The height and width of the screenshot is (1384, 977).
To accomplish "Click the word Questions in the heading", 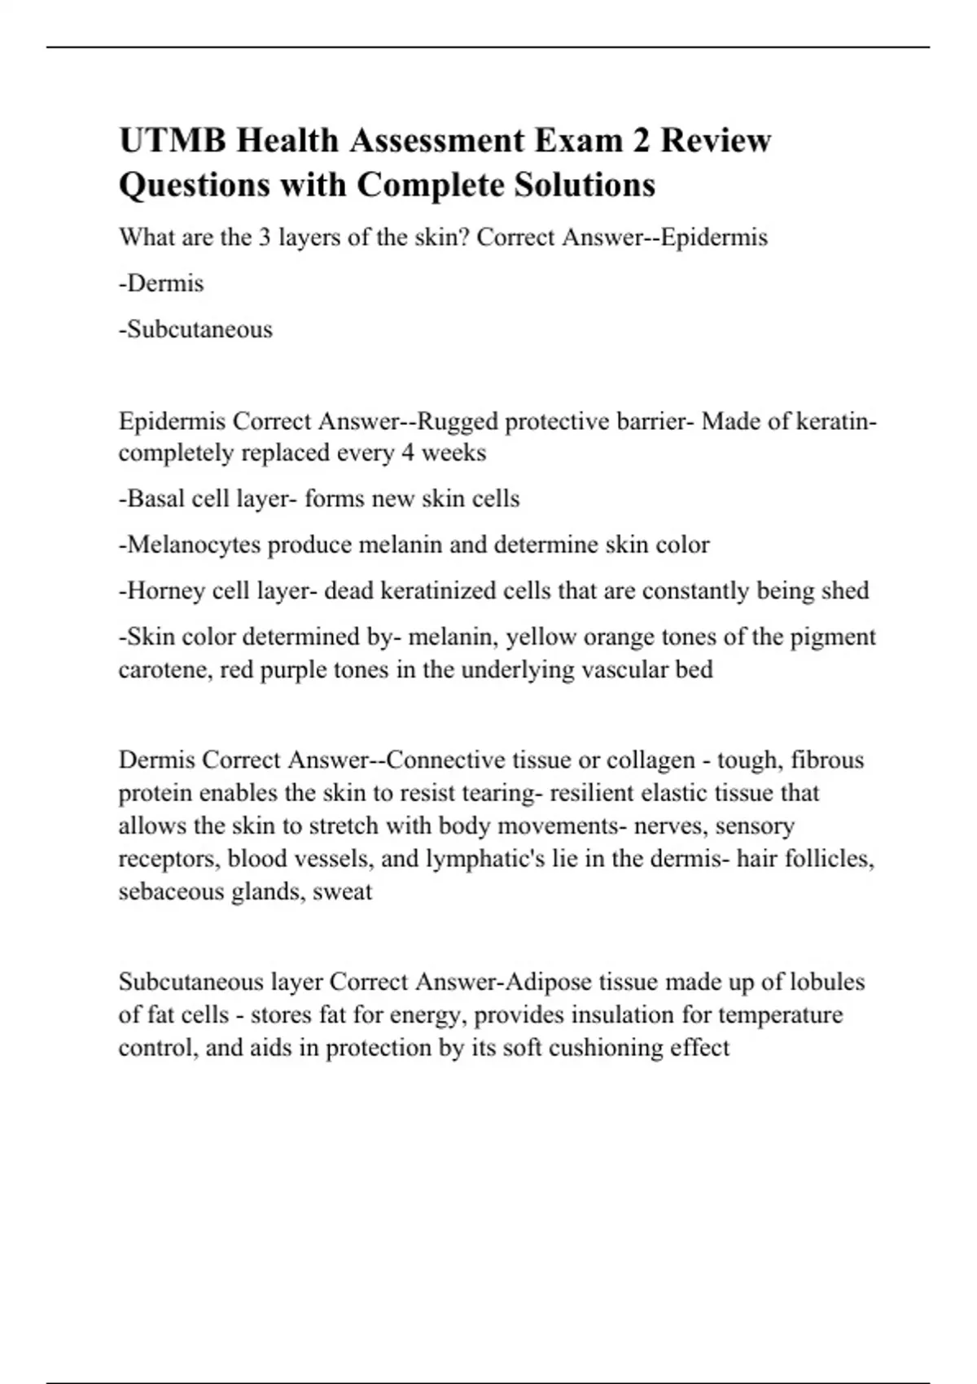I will pos(195,185).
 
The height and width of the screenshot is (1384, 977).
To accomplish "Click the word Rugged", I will pos(458,422).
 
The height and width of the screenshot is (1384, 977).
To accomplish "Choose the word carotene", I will pos(165,669).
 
